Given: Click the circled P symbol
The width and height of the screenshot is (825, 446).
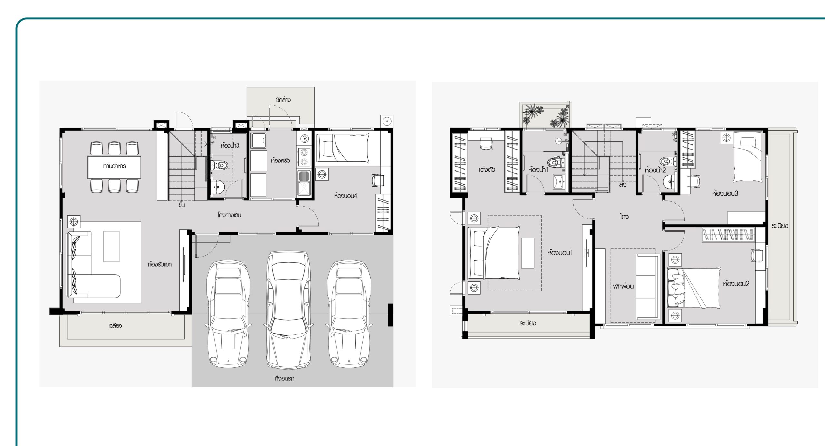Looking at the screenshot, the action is tap(386, 122).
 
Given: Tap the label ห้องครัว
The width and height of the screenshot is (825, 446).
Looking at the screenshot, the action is tap(278, 160).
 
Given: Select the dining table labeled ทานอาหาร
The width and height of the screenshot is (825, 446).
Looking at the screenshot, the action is tap(114, 166).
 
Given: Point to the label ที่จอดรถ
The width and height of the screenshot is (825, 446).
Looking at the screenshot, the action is tap(285, 378).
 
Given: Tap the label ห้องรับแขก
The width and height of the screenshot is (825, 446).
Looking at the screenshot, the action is tap(160, 265).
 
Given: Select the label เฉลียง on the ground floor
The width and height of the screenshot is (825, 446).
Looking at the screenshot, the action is tap(115, 326).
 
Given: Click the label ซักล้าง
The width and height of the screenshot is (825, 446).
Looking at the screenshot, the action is tap(283, 100).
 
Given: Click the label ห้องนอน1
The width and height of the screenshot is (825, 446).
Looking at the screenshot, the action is tap(560, 253).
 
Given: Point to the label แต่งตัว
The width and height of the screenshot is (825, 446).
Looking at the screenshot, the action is tap(487, 169).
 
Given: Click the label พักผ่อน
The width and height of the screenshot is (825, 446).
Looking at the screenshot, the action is tap(624, 286).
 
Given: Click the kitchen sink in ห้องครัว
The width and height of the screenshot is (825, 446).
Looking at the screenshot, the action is tap(303, 183).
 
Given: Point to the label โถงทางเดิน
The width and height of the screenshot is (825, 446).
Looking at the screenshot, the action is tap(229, 215).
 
